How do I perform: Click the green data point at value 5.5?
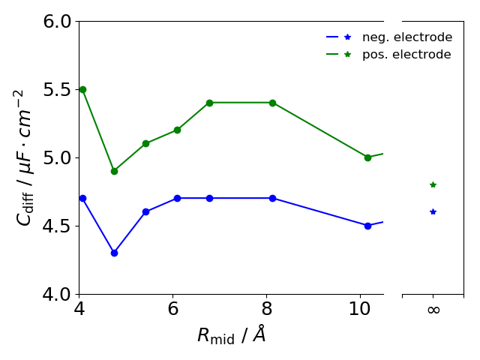[82, 89]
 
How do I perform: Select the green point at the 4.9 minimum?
[114, 171]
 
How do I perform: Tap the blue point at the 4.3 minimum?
[114, 253]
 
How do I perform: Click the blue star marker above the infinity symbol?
[433, 211]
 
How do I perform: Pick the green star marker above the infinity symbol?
[433, 184]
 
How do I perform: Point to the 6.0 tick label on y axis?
[56, 22]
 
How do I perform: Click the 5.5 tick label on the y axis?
[56, 90]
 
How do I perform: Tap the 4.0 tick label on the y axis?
[56, 294]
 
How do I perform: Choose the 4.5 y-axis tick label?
[56, 226]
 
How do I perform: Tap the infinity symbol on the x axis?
[433, 310]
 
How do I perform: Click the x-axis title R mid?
[231, 335]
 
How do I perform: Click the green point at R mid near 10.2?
[367, 157]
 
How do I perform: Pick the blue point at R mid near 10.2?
[367, 226]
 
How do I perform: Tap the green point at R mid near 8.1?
[272, 103]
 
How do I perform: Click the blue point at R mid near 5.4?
[145, 211]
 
